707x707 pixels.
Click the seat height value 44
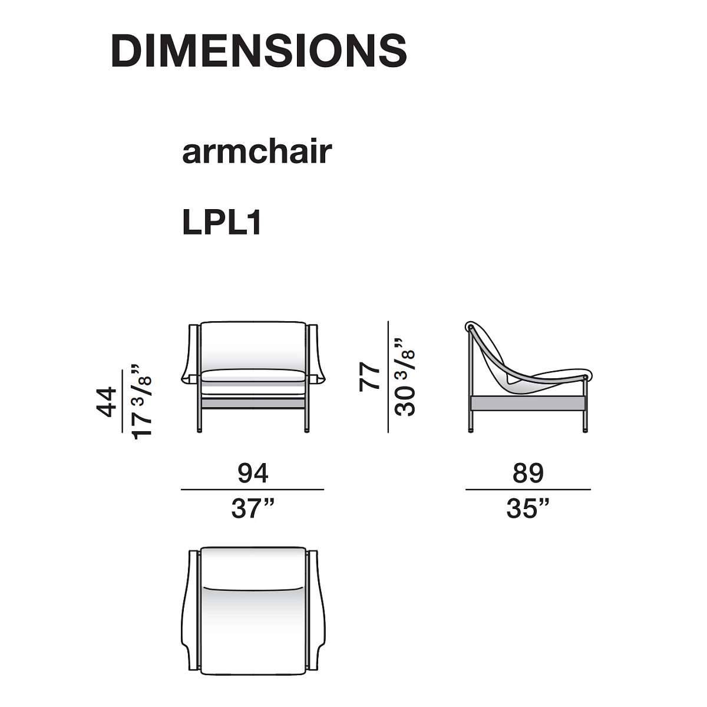pos(107,402)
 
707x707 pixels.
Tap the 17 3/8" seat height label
pos(141,402)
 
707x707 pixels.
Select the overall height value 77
pos(369,377)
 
